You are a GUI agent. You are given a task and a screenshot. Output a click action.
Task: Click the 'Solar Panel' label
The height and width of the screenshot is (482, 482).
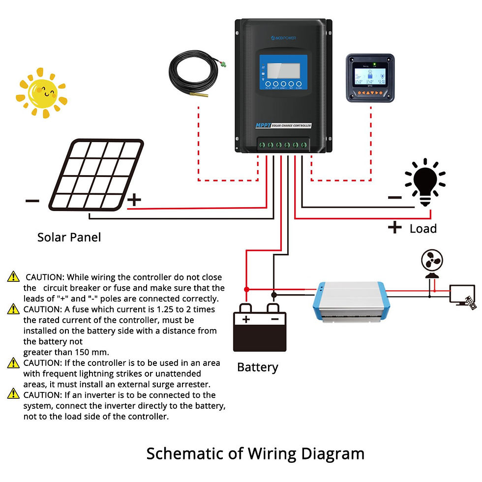[69, 237]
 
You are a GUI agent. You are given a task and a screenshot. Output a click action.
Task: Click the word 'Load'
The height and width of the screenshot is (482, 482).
[423, 229]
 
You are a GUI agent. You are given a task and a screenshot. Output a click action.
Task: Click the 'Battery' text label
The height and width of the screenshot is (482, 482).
[257, 367]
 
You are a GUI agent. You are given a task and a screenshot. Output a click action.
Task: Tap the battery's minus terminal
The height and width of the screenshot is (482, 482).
[274, 318]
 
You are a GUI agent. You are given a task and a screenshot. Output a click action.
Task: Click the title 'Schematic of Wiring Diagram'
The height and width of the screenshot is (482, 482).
[255, 453]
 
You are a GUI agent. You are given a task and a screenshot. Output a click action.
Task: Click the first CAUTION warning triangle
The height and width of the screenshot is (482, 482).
[13, 277]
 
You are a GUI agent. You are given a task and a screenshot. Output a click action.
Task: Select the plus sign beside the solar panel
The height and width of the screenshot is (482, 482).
[134, 200]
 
